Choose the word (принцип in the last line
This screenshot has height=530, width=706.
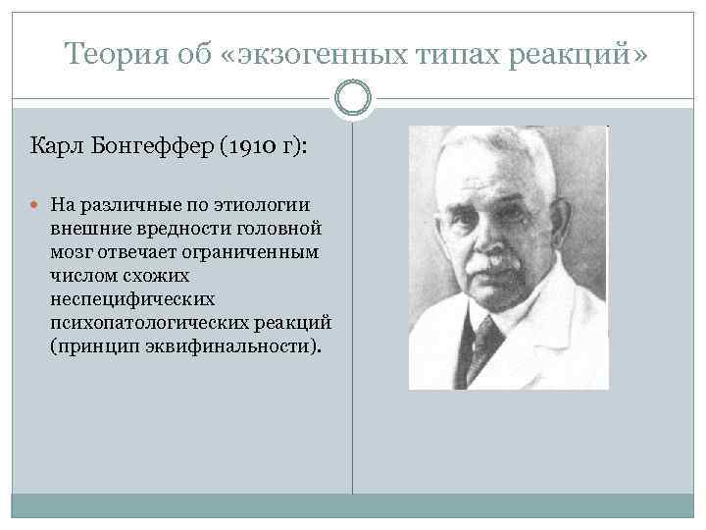click(93, 346)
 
